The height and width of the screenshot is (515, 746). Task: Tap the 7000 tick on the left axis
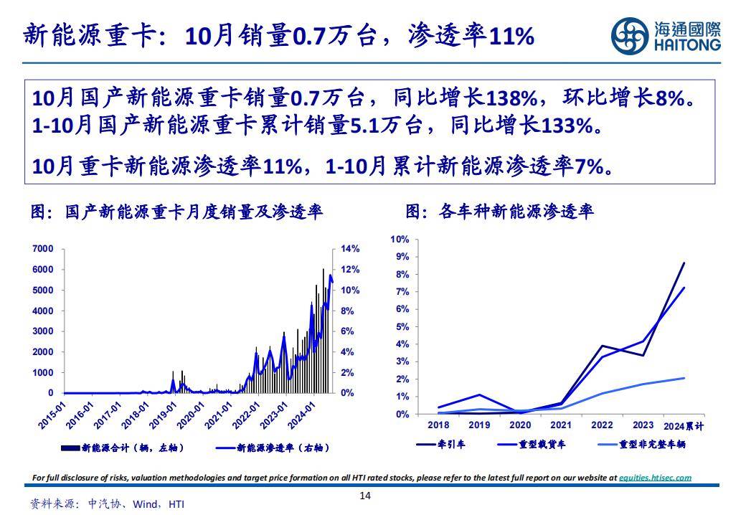43,249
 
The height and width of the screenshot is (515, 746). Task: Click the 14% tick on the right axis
349,249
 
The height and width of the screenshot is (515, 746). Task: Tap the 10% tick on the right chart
400,239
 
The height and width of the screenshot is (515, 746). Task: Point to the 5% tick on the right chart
402,327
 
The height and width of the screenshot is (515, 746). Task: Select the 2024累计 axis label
684,426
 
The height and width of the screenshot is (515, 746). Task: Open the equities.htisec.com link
655,478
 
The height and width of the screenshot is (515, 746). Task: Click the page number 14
366,496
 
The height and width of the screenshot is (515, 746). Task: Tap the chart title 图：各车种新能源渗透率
499,212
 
